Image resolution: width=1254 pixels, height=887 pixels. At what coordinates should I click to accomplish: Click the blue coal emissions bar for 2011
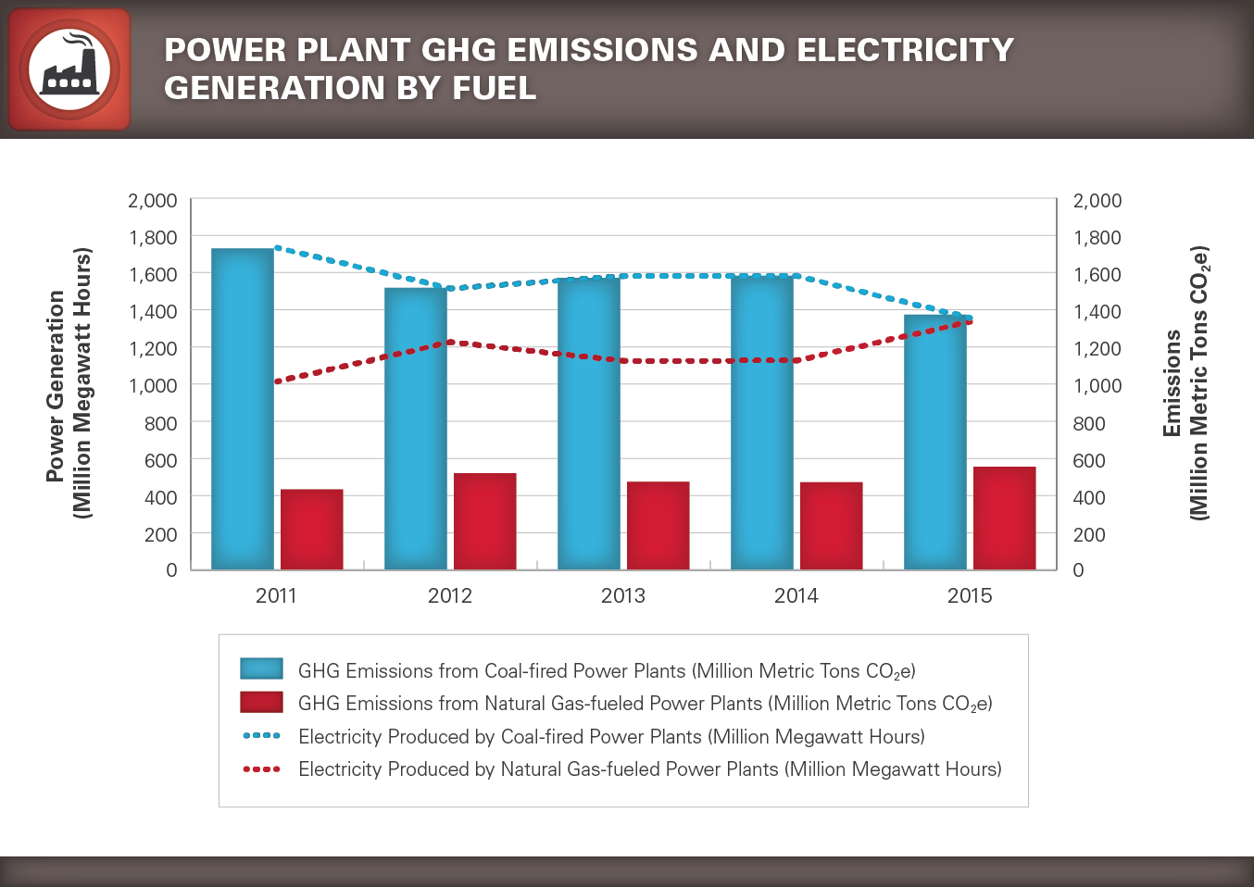click(x=243, y=408)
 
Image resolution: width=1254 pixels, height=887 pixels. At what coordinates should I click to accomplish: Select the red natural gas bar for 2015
click(x=1004, y=518)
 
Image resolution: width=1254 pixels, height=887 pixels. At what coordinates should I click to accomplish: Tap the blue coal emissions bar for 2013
click(x=589, y=422)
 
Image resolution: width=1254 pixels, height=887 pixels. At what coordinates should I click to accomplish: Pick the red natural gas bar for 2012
click(x=484, y=520)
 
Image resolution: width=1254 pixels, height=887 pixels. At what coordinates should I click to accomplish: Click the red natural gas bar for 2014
click(x=831, y=525)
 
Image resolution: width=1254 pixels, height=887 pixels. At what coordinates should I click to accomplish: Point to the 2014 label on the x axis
click(x=796, y=595)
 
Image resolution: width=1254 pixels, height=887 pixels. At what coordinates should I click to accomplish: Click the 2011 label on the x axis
click(x=276, y=595)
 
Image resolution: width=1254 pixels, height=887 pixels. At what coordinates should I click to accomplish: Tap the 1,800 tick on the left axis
click(x=153, y=238)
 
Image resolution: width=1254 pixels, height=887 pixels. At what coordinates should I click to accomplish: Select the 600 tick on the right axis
click(x=1089, y=460)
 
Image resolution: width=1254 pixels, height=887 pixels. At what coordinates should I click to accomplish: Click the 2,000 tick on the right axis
click(x=1097, y=201)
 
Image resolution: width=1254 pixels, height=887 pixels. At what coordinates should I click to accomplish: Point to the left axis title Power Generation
click(x=56, y=385)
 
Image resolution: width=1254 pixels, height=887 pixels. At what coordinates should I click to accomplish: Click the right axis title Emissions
click(x=1172, y=383)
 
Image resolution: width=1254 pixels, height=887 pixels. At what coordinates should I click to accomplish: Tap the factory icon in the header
click(x=69, y=69)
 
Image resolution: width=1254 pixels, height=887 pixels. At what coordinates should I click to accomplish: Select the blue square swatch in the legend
click(x=261, y=668)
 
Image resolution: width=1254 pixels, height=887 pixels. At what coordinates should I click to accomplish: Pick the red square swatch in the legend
click(x=261, y=702)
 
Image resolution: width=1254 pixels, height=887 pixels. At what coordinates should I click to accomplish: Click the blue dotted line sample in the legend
click(x=261, y=736)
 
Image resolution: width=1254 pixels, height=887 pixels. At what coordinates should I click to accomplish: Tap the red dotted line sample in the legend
click(x=261, y=768)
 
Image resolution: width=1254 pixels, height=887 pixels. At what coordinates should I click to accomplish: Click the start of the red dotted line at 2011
click(x=278, y=381)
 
